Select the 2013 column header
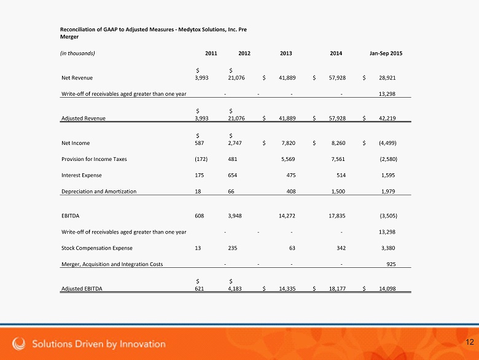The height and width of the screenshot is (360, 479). tap(286, 53)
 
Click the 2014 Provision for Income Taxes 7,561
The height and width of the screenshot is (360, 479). tap(337, 159)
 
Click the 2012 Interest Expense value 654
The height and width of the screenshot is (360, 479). tap(234, 176)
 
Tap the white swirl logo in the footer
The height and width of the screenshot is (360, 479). tap(20, 343)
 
